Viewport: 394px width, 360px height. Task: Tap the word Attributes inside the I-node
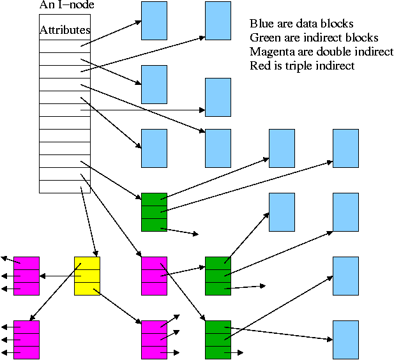[x=64, y=30]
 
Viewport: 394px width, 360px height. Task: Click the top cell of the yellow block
[x=87, y=263]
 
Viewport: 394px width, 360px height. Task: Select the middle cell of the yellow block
[x=87, y=276]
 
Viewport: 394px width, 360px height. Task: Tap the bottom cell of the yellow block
[x=87, y=289]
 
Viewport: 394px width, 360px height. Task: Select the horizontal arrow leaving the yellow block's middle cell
[x=57, y=276]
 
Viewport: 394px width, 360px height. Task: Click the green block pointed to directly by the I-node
[x=154, y=211]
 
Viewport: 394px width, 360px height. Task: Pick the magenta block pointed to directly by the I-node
[x=154, y=275]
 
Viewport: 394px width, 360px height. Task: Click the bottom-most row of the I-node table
[x=64, y=186]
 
